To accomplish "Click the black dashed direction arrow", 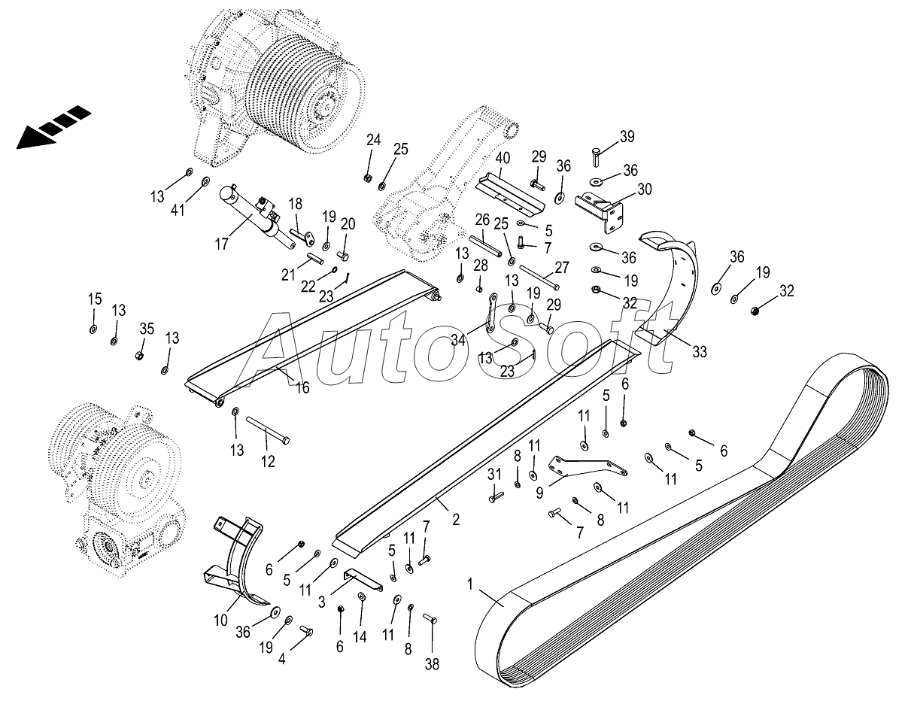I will click(x=53, y=128).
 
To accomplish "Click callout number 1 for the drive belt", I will click(x=472, y=583).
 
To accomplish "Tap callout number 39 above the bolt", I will click(x=627, y=137).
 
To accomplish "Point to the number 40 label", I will click(x=503, y=159).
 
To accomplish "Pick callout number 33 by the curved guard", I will click(x=699, y=351).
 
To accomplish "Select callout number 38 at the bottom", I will click(x=432, y=664).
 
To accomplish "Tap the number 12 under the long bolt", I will click(x=268, y=462).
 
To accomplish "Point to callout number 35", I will click(x=147, y=328).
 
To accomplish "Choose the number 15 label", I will click(x=94, y=299).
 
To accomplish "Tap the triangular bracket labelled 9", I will click(x=583, y=467).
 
